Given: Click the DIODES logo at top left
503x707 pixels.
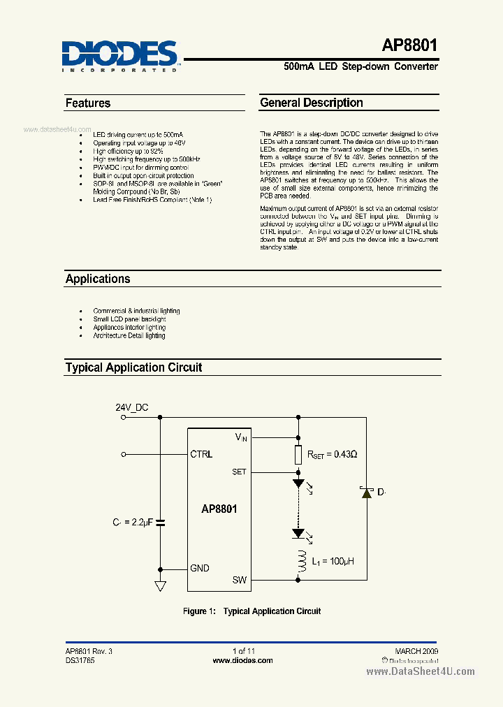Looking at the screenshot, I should (120, 54).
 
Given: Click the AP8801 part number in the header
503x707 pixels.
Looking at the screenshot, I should (409, 46).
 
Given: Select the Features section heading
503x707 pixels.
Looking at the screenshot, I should (88, 103).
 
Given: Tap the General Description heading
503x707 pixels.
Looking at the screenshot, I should (312, 103).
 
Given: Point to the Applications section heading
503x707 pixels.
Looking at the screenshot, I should (98, 279).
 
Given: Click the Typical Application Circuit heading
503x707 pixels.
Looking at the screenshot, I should (133, 367).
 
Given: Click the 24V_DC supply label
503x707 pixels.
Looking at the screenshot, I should (131, 408).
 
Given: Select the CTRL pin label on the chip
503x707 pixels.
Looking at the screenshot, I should (201, 454).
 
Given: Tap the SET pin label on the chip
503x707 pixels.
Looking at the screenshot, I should (239, 472).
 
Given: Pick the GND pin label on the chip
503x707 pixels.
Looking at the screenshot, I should (200, 568).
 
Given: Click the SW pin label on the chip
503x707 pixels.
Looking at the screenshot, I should (240, 580).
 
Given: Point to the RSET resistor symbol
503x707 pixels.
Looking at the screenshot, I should (298, 454).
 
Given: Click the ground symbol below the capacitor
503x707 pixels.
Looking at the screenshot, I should (161, 586).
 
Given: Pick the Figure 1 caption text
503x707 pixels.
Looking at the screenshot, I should (251, 611).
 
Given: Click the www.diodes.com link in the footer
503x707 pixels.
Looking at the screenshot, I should (242, 660).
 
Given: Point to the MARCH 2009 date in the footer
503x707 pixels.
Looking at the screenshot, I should (416, 650).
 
